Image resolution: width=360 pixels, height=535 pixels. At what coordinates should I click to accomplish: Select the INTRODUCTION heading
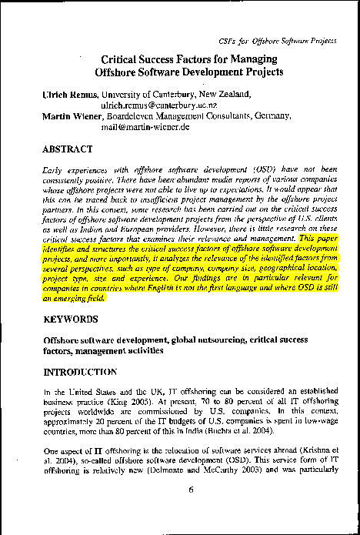click(80, 372)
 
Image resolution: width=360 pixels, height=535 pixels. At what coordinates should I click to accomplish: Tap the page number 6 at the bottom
click(179, 511)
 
